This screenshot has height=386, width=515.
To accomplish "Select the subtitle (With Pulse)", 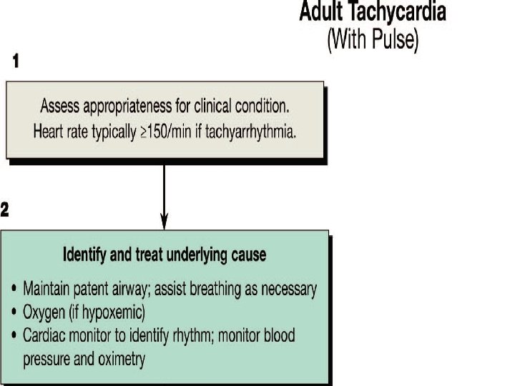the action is (x=372, y=39).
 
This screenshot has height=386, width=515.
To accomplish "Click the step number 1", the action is (x=16, y=62).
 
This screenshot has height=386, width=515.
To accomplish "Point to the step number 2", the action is (x=5, y=209).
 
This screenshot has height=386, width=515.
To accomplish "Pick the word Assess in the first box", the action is (x=60, y=107).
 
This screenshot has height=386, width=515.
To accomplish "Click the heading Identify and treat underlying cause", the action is (x=165, y=254).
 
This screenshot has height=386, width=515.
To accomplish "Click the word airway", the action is (x=151, y=289).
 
